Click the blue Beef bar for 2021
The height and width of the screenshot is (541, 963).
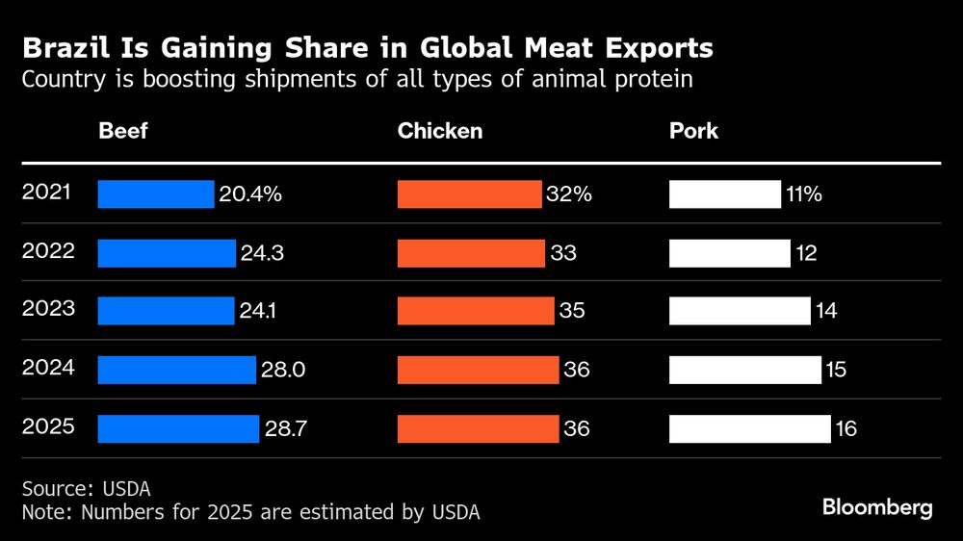pos(156,193)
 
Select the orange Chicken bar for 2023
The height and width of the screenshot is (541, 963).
pos(477,311)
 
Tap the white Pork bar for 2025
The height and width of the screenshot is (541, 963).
pos(749,428)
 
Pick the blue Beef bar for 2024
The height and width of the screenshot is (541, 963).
pos(177,370)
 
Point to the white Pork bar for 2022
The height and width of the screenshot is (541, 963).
pos(729,253)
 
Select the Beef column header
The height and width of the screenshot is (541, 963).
pos(123,130)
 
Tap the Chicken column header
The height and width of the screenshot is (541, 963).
pos(440,130)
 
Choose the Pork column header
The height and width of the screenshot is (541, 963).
pos(693,130)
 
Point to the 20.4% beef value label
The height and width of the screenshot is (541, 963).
pos(250,194)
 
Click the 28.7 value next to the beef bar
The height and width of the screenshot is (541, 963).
pos(286,429)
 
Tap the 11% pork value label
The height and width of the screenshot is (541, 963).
pos(804,194)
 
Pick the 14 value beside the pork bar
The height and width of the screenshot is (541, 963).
pos(826,312)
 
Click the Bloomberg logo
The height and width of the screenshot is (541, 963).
pos(877,508)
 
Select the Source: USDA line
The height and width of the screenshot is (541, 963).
pos(86,489)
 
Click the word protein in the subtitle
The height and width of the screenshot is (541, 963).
pos(654,79)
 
